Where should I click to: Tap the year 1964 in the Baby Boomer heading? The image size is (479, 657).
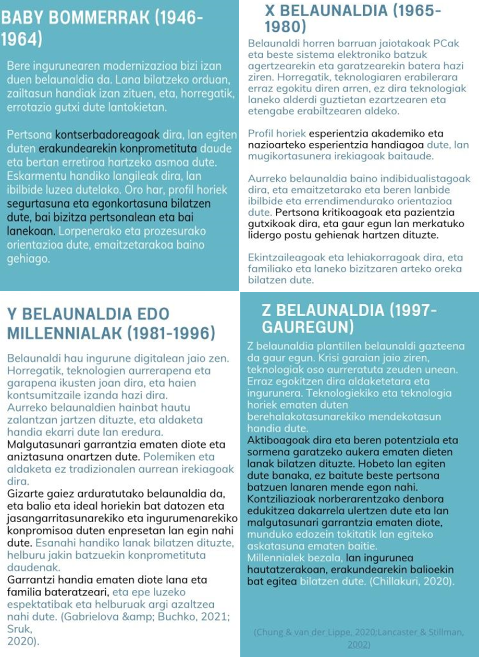click(21, 40)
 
